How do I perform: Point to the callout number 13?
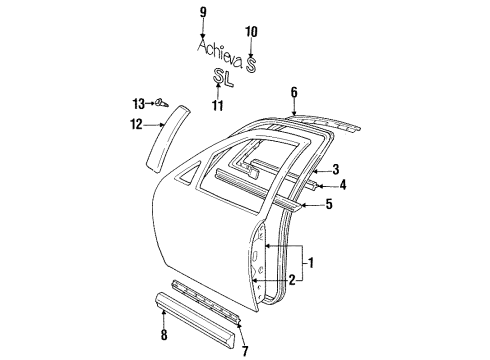pos(140,102)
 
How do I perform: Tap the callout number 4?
pos(344,185)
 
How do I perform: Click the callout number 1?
pos(312,263)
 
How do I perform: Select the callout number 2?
pos(290,279)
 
